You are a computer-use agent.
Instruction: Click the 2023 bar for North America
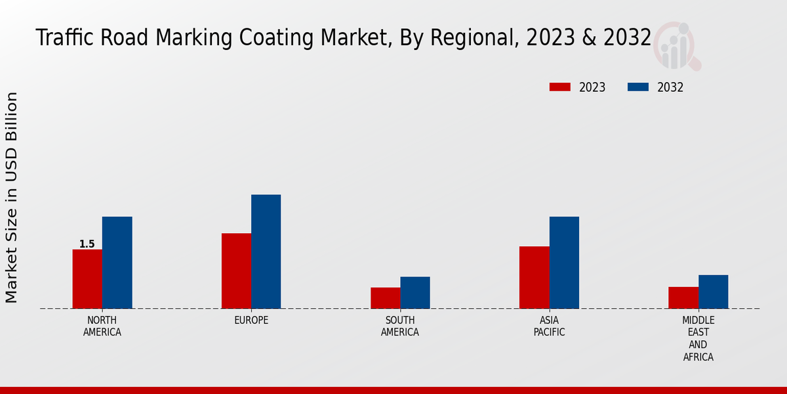click(x=87, y=279)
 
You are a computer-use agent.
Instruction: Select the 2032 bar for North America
click(x=117, y=263)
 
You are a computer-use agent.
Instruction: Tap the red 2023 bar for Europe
click(x=236, y=271)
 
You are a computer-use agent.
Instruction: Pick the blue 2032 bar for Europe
click(x=266, y=252)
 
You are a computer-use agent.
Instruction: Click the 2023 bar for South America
click(x=385, y=298)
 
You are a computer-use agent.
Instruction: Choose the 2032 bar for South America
click(x=415, y=292)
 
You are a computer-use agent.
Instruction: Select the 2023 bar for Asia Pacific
click(x=534, y=277)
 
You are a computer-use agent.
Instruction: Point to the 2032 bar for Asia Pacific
click(x=564, y=263)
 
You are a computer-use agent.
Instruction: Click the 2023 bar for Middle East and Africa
click(x=683, y=297)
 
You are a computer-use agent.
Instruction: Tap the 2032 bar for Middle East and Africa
click(x=713, y=292)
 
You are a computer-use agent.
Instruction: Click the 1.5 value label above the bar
click(x=87, y=244)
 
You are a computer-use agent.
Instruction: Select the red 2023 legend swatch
click(x=560, y=87)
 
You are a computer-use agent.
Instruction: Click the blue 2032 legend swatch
click(x=638, y=87)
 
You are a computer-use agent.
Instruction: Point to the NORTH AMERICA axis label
click(x=102, y=326)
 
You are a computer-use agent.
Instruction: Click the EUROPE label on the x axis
click(x=251, y=320)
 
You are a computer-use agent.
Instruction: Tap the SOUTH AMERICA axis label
click(x=400, y=326)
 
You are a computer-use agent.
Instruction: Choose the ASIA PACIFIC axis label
click(x=549, y=326)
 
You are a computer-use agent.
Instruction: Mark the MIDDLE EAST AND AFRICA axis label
click(x=698, y=339)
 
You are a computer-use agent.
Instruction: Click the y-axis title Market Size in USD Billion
click(x=12, y=197)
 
